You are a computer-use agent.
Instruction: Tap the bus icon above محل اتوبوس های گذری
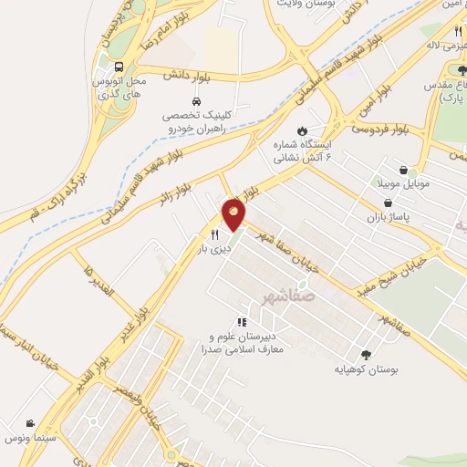(119, 67)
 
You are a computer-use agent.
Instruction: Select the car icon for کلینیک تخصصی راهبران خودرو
(196, 101)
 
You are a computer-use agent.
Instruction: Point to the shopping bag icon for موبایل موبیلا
(403, 169)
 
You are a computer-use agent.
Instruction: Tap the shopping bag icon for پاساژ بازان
(388, 202)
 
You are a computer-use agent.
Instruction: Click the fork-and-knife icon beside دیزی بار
(213, 233)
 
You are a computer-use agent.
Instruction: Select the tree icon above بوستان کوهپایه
(366, 355)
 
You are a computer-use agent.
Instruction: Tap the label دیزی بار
(214, 247)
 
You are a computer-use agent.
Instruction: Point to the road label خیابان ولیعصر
(147, 405)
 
